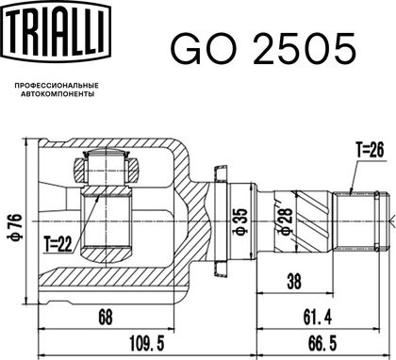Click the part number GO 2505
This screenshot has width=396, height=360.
click(263, 49)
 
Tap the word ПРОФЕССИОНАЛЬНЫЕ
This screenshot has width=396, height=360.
click(57, 86)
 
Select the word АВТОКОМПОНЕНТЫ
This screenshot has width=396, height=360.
click(58, 94)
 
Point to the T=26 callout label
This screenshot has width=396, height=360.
click(370, 150)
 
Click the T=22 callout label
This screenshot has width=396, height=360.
click(58, 244)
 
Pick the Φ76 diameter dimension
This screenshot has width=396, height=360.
click(15, 227)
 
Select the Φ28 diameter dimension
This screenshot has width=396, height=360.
click(286, 221)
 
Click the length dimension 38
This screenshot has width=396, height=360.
click(294, 281)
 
